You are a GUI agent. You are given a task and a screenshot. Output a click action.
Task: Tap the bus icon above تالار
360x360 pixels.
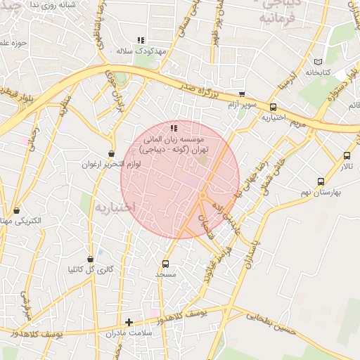pos(347,156)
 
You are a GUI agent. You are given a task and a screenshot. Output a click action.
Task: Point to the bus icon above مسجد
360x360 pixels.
pos(165,264)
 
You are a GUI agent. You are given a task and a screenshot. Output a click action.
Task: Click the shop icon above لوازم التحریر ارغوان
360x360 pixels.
pos(111,153)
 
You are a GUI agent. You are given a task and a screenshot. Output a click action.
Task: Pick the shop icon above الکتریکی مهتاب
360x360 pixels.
pos(17,210)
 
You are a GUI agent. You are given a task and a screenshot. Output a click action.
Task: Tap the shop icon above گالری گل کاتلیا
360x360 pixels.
pos(89,259)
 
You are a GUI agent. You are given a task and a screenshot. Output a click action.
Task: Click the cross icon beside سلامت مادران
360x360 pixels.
pos(129,322)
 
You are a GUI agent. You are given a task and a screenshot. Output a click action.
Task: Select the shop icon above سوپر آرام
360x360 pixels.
pos(242,94)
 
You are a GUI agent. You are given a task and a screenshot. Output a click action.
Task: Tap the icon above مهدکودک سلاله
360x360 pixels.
pos(141,41)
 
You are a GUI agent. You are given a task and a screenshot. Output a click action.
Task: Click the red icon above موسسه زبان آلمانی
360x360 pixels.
pos(173,128)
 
